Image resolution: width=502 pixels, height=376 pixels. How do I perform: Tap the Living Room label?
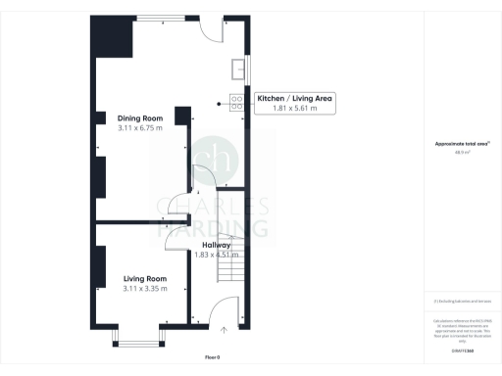tap(143, 278)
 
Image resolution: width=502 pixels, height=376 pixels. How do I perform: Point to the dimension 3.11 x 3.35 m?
tap(143, 289)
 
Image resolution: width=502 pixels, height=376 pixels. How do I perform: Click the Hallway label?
tap(216, 245)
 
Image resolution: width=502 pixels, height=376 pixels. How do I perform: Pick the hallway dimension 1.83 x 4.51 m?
tap(216, 255)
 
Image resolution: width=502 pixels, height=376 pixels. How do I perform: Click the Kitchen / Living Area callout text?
tap(294, 99)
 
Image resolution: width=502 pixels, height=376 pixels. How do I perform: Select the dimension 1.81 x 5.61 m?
tap(294, 109)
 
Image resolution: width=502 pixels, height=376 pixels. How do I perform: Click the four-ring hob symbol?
tap(236, 102)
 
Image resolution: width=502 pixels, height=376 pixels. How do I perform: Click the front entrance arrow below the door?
tap(224, 331)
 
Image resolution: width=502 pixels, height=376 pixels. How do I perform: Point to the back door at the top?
tap(209, 29)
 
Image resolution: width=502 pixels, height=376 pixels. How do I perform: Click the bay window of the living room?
tap(137, 341)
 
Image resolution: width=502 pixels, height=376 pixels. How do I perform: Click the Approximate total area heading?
tap(461, 144)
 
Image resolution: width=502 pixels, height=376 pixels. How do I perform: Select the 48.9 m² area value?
tap(461, 152)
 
